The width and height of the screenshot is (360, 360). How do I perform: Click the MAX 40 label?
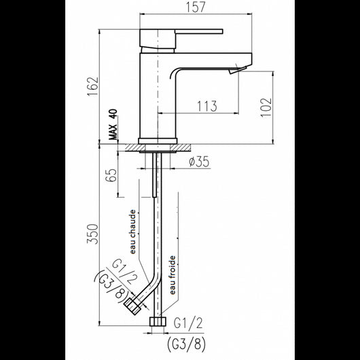click(x=113, y=126)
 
